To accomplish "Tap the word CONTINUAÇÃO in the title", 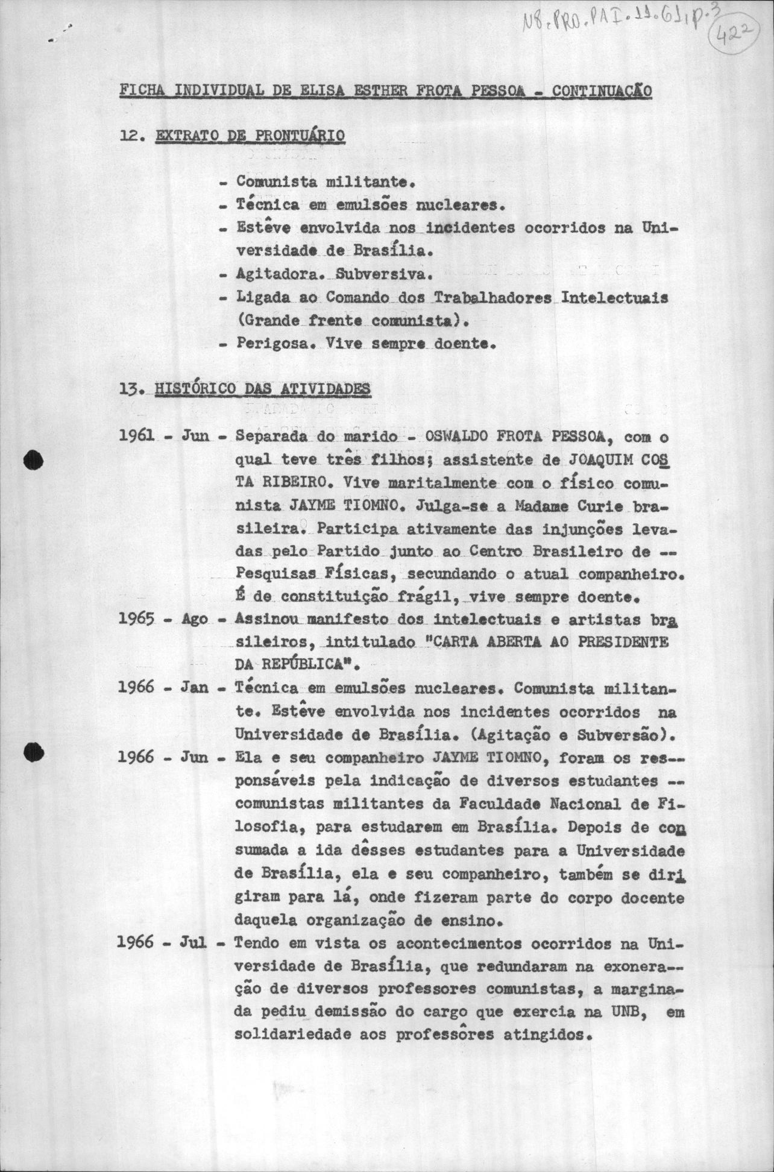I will [x=602, y=92].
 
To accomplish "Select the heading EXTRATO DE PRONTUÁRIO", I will [x=250, y=136].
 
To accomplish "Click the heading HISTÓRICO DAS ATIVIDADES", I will [x=262, y=389].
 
